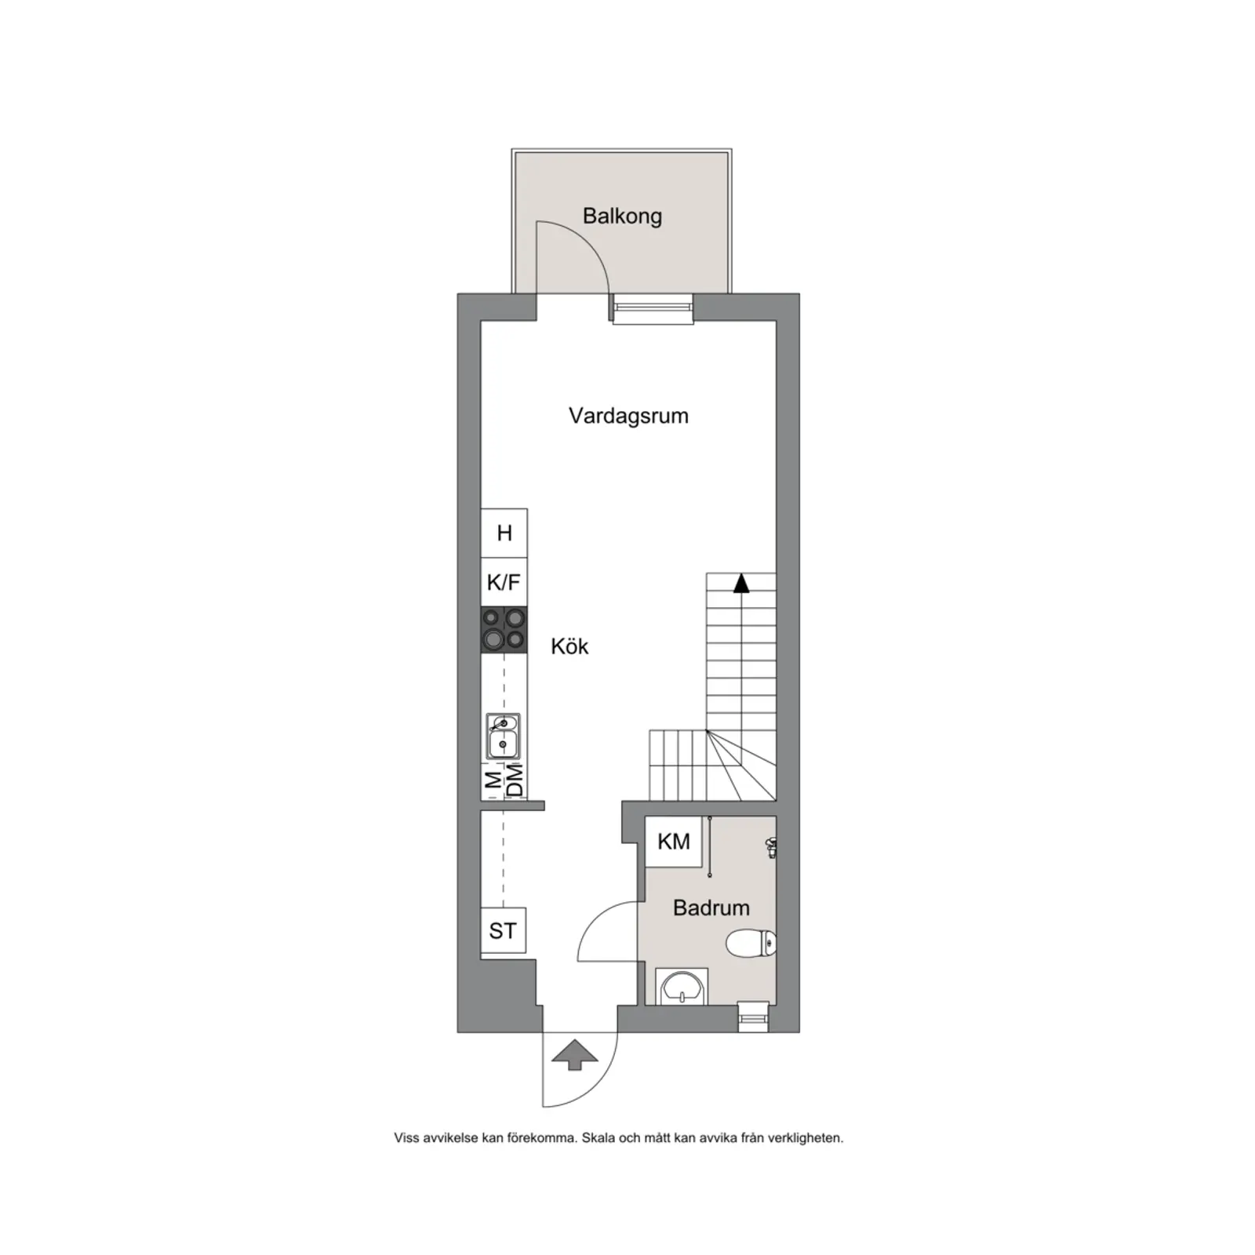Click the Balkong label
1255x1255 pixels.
tap(622, 216)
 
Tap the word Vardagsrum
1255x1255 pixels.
tap(628, 416)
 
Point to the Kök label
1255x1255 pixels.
tap(569, 646)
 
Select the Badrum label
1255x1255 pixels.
tap(711, 908)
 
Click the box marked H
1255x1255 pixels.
tap(504, 533)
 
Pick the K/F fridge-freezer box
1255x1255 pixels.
tap(504, 582)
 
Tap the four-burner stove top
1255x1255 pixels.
tap(504, 630)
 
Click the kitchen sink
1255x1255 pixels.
tap(502, 736)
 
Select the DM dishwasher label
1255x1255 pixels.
tap(515, 780)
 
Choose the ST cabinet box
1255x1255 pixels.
tap(503, 930)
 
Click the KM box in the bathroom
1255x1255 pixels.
tap(673, 842)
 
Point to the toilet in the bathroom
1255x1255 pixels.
tap(751, 943)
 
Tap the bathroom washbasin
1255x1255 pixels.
tap(682, 986)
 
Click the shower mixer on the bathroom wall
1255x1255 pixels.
tap(771, 846)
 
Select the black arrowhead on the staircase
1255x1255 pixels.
tap(741, 584)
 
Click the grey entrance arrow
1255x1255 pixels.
tap(575, 1054)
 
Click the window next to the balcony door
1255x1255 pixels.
tap(653, 308)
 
